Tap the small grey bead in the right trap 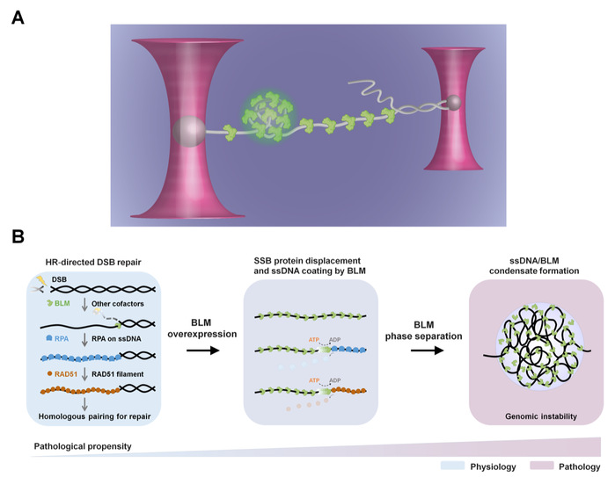(x=453, y=104)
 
